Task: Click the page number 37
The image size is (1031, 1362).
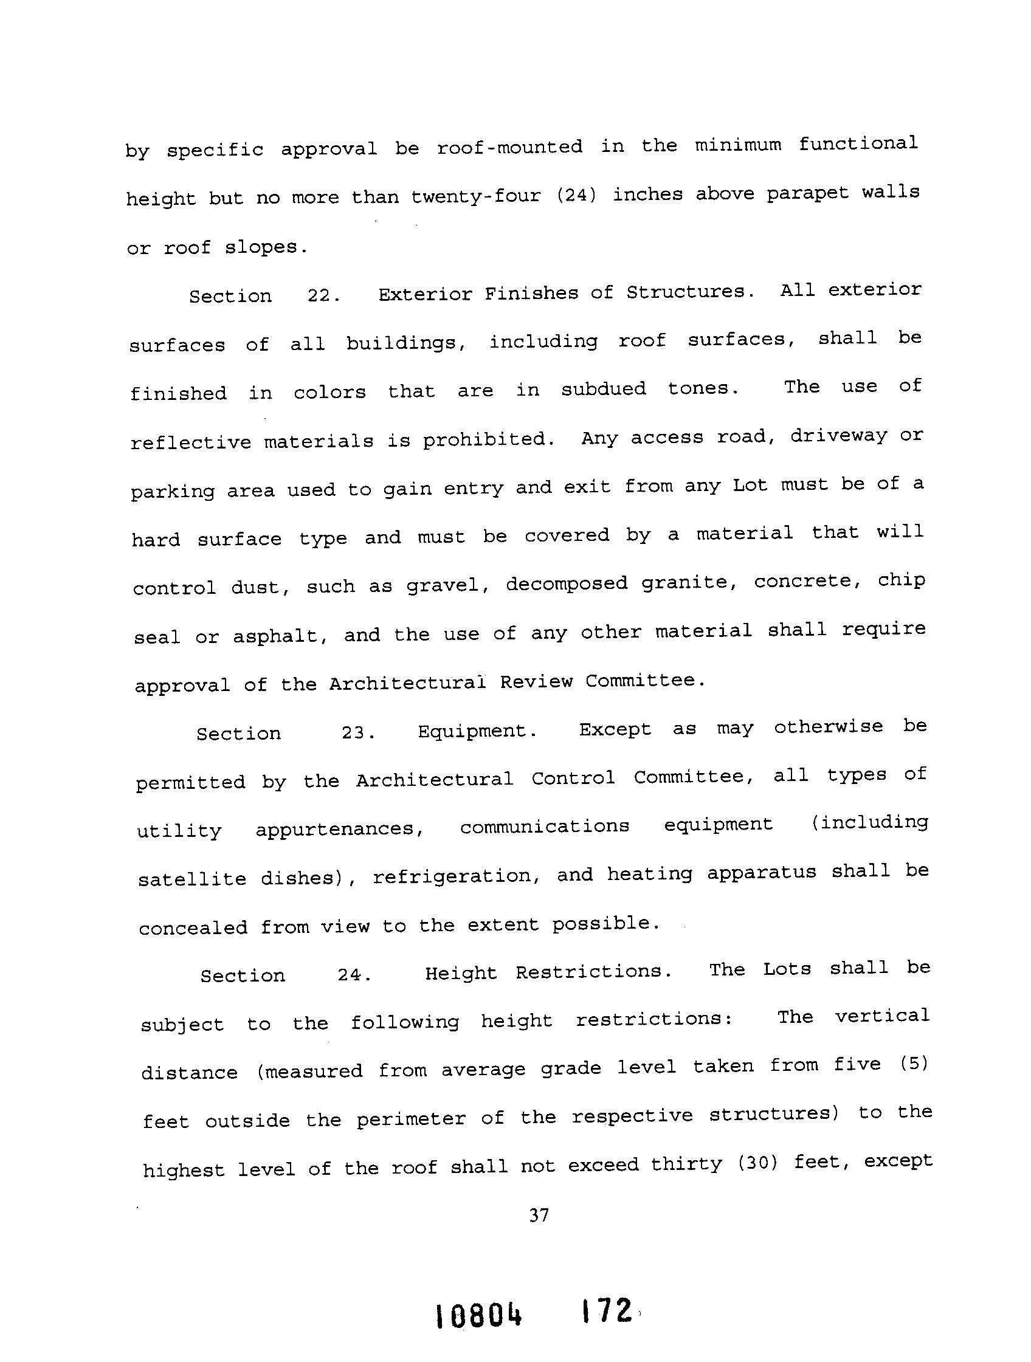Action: point(538,1216)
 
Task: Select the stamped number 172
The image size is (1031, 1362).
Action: point(605,1311)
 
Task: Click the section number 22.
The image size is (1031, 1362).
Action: point(323,295)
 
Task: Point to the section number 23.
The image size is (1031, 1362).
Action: point(358,733)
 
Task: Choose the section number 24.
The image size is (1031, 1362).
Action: point(354,975)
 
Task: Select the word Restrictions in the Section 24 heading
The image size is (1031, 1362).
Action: point(593,972)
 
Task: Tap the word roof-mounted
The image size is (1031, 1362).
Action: point(509,147)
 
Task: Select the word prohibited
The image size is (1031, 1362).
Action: point(488,439)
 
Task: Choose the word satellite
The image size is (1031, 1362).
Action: point(192,879)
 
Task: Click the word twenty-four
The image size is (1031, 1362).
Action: point(476,196)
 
